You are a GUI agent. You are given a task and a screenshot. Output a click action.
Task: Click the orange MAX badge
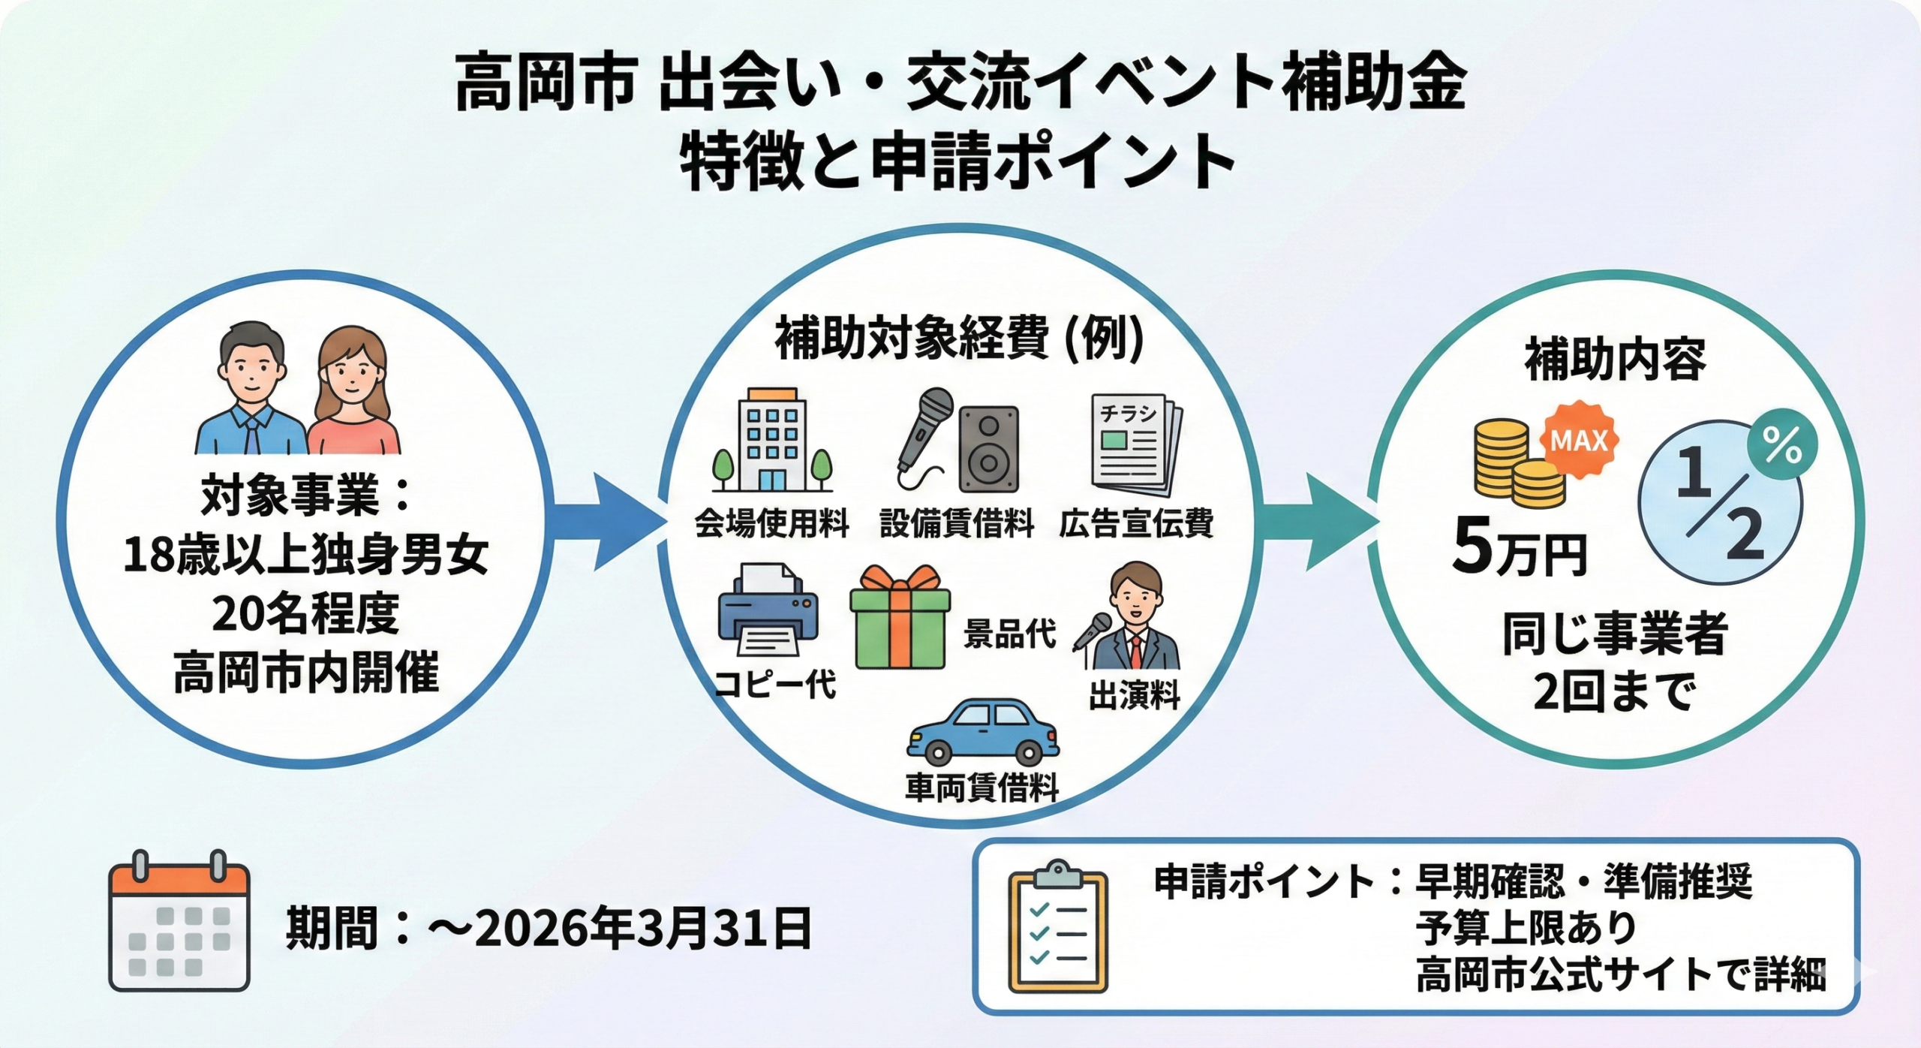[x=1579, y=440]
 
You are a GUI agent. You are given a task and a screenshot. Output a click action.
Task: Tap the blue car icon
[x=982, y=732]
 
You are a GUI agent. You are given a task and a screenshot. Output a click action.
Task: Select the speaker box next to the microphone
[x=988, y=449]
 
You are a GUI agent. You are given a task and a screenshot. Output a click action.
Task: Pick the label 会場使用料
[x=772, y=522]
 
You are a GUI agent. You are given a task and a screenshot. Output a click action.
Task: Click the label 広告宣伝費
[x=1136, y=522]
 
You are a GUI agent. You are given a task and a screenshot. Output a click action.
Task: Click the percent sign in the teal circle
[x=1782, y=446]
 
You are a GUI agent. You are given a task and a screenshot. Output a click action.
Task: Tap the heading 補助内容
[x=1615, y=360]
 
